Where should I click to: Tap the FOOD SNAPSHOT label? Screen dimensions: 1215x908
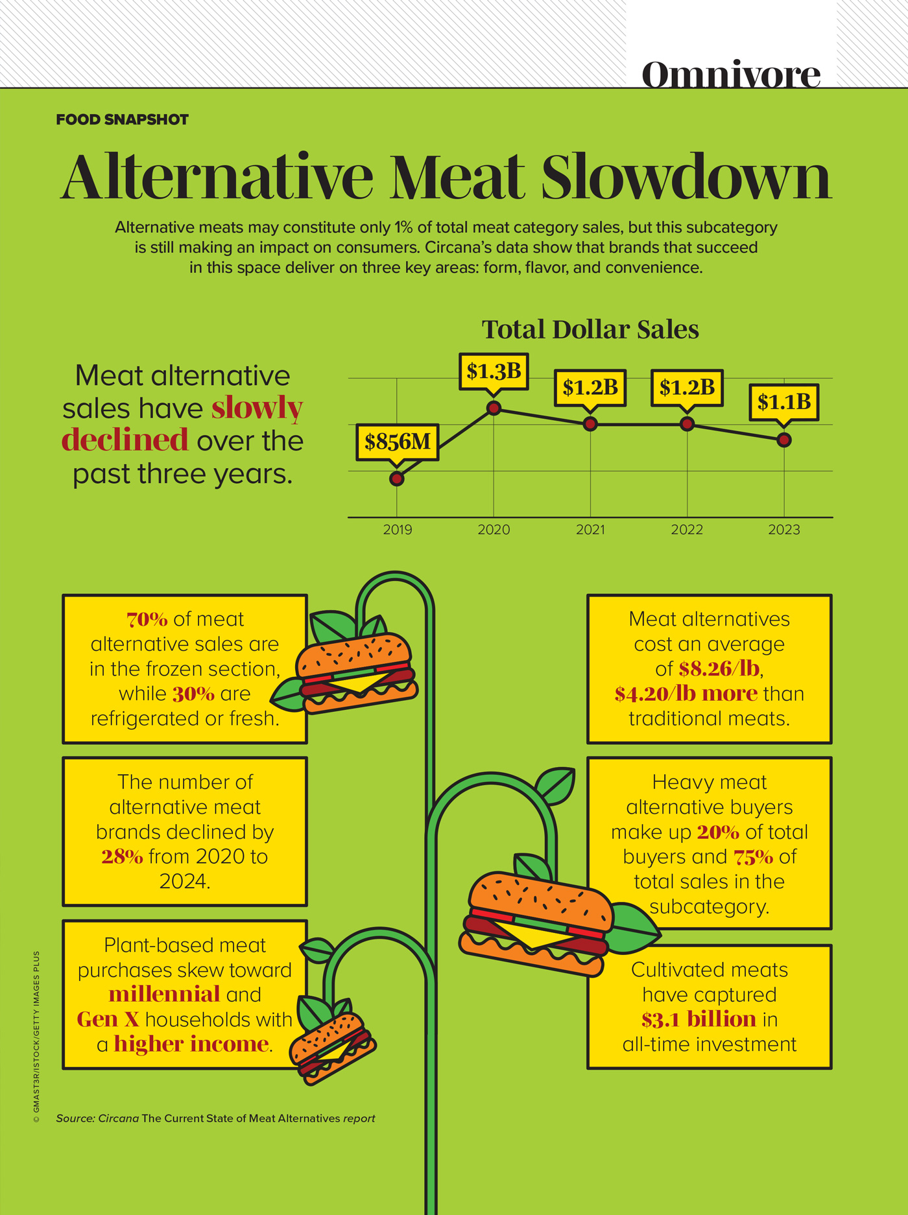pos(122,120)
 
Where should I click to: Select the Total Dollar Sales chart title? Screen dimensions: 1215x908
pos(590,329)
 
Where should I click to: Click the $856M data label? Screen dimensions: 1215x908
pos(398,442)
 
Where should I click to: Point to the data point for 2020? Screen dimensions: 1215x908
pos(494,408)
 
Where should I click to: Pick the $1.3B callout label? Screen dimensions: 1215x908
pos(494,372)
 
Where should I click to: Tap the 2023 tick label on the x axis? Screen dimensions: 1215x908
pos(783,530)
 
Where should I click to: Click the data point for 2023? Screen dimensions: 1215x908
pos(783,440)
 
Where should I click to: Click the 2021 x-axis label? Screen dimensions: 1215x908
pos(590,530)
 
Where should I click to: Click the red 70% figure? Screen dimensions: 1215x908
pos(147,620)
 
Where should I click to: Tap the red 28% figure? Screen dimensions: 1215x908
pos(122,857)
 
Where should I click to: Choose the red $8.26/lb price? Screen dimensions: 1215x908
pos(719,669)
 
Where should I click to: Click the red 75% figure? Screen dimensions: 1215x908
pos(753,857)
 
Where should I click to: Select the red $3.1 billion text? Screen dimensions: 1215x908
pos(699,1020)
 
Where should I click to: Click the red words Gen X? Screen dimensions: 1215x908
pos(108,1020)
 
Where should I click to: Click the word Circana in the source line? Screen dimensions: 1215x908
pos(118,1118)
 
